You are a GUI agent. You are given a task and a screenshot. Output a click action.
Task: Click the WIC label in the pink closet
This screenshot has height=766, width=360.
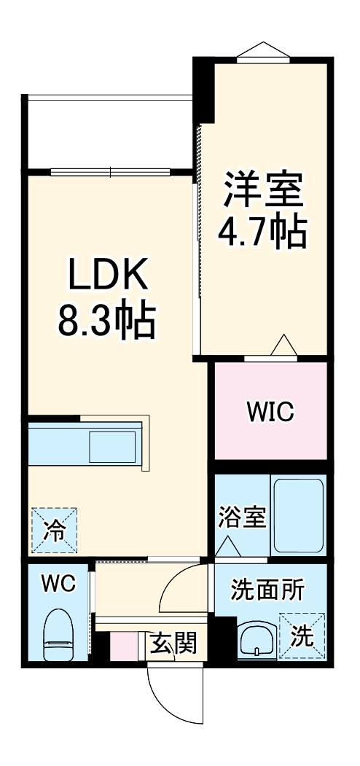[x=270, y=413]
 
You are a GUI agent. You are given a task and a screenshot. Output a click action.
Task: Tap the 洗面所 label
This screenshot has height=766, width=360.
[x=268, y=589]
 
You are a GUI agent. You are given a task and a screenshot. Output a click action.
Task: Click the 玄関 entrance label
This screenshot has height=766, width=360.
[x=173, y=644]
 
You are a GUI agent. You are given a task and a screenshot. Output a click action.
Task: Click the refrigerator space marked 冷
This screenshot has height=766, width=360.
[x=52, y=530]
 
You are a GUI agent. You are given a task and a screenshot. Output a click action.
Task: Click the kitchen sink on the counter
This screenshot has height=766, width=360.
[x=112, y=444]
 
